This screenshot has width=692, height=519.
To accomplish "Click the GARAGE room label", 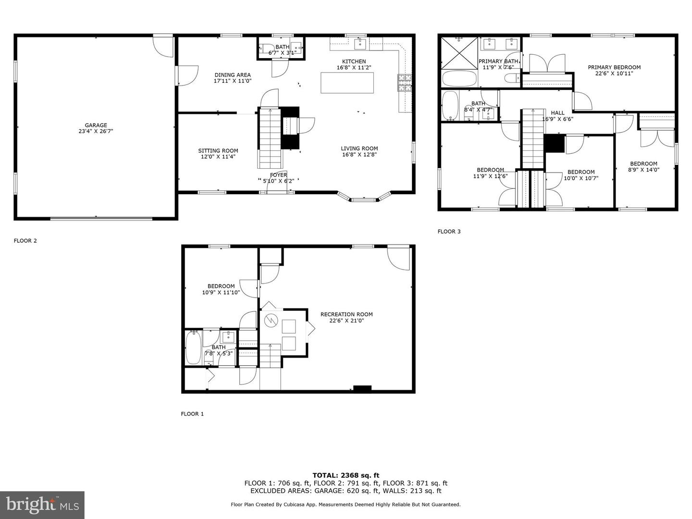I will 96,125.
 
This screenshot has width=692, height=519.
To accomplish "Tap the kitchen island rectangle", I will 347,82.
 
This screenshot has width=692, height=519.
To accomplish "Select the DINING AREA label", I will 233,75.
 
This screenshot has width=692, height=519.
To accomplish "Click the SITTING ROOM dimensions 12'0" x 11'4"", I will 218,157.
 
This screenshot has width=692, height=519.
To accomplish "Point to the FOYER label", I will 278,175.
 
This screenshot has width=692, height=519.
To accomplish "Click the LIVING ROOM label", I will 359,148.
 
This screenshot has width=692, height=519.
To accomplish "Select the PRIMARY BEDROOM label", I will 614,67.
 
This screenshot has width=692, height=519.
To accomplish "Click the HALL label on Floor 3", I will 557,113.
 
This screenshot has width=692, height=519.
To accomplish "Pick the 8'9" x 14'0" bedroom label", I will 643,166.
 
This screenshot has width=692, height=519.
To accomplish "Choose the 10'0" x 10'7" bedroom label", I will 581,175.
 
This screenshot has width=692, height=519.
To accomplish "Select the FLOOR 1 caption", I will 192,414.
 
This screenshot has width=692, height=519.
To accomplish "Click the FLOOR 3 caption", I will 449,232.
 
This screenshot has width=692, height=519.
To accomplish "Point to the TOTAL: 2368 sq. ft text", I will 346,475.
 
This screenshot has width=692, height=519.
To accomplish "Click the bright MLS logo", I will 42,505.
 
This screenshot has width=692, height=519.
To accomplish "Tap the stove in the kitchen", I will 405,83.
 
